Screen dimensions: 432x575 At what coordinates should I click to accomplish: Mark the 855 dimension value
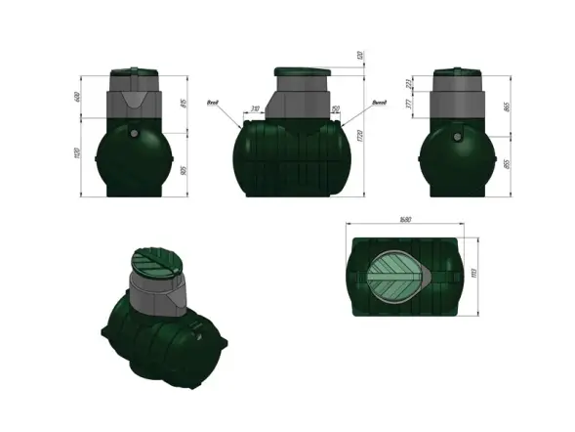click(x=509, y=165)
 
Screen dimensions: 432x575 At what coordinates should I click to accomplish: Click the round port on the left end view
click(x=134, y=124)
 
